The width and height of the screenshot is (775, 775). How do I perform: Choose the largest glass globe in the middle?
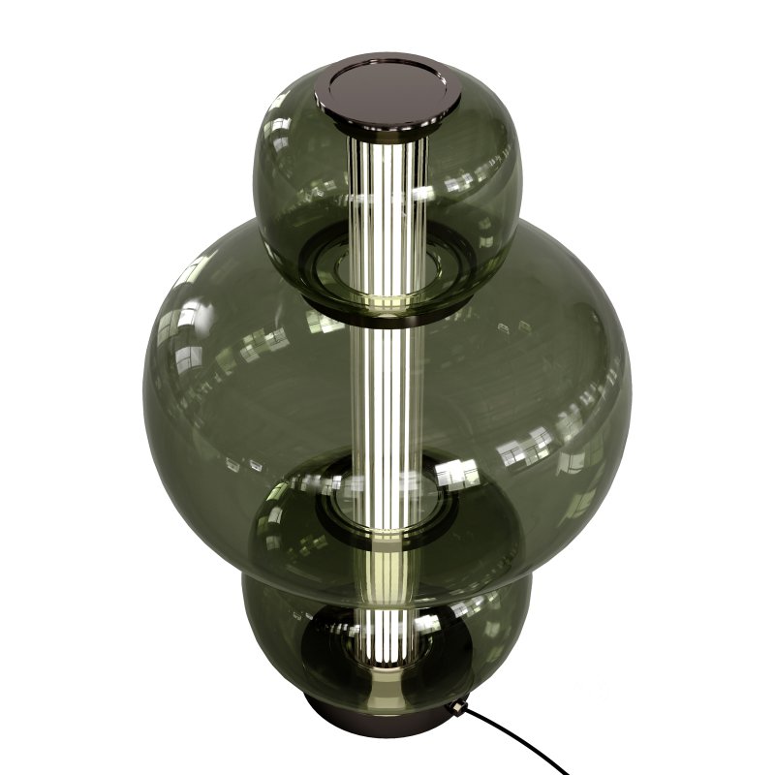[x=542, y=387]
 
